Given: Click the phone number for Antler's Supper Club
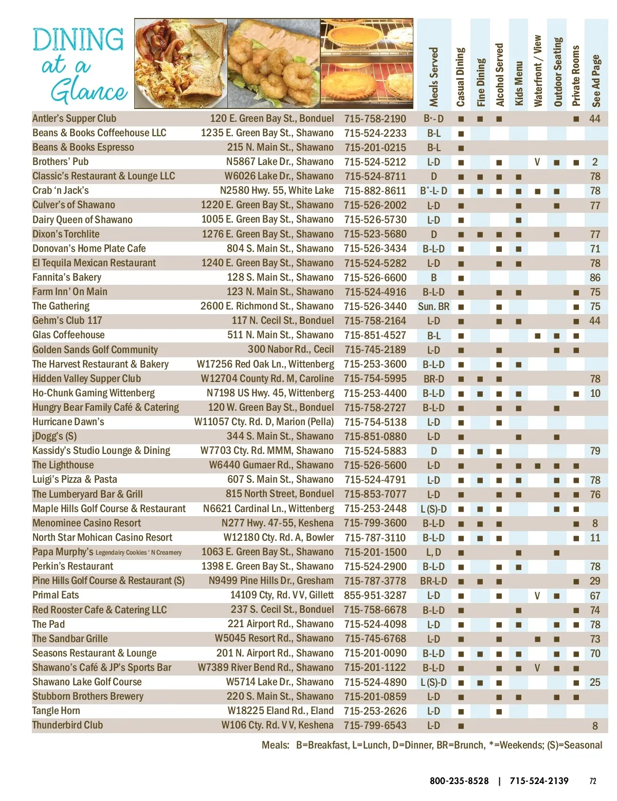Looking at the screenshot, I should coord(375,119).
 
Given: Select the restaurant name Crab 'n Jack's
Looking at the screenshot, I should coord(61,191).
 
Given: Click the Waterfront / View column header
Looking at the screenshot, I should coord(537,71).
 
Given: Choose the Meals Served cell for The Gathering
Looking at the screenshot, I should coord(433,307).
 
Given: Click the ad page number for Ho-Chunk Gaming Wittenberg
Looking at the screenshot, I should coord(595,393).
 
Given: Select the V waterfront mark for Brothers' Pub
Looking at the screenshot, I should coord(537,162).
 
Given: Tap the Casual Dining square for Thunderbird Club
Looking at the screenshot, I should coord(461,726).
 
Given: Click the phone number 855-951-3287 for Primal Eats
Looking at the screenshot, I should coord(375,595).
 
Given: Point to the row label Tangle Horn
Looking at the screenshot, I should coord(56,711).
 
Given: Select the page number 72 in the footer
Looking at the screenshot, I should coord(593,781).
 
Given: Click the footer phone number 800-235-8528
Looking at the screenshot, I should coord(459,781).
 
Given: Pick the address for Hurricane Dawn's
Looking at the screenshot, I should coord(264,422).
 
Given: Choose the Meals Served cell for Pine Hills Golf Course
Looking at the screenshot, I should coord(433,581).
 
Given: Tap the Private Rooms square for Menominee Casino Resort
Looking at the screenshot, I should coord(576,523).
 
